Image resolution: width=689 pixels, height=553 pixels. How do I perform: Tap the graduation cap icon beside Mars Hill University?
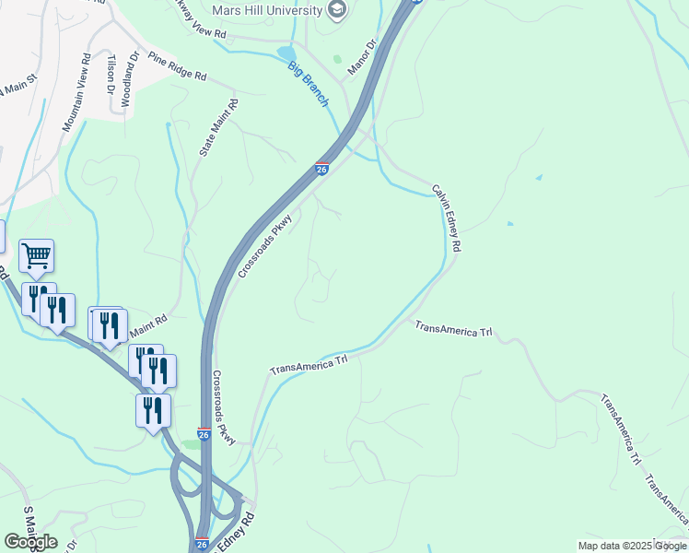point(337,10)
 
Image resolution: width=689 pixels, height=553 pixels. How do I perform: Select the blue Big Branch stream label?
point(308,83)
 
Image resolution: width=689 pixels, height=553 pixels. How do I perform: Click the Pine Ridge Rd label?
point(176,67)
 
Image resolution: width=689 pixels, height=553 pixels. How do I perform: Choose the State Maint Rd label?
point(218,126)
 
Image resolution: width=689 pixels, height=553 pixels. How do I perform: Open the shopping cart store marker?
point(36,255)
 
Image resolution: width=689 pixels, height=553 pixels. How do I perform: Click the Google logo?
point(30,541)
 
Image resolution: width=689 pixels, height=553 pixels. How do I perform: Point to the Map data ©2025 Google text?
point(632,546)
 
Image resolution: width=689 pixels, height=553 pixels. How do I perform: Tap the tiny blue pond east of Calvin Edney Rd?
point(509,223)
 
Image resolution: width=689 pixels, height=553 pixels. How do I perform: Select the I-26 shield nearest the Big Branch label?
point(321,169)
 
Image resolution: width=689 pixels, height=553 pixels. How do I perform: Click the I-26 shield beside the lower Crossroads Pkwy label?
point(204,433)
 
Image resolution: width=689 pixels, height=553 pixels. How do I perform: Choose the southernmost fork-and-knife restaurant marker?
point(153,410)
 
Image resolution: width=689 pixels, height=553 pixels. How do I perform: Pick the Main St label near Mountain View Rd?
point(16,89)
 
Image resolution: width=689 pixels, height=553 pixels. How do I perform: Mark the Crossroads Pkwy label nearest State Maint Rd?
point(264,246)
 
